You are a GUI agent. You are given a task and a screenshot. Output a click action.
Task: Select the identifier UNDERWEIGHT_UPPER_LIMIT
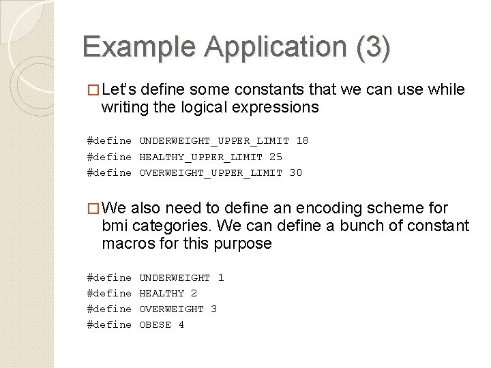(214, 141)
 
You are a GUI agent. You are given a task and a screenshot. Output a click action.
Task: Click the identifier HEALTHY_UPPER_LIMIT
(201, 157)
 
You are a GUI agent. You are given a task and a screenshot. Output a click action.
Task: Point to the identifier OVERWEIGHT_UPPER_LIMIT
(211, 172)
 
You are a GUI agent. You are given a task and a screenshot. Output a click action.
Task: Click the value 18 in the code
(302, 141)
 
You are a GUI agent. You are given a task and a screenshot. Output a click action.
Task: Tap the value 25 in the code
(276, 157)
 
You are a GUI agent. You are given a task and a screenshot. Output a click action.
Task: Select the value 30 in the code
(295, 172)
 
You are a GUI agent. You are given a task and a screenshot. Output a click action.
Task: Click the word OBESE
(155, 324)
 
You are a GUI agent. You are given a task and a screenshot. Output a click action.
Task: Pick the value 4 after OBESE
(181, 324)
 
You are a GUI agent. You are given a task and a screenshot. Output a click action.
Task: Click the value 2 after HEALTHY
(194, 293)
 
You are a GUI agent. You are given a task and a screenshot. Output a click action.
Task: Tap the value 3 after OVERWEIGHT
(213, 309)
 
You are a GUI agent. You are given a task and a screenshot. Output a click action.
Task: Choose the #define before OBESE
(109, 324)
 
